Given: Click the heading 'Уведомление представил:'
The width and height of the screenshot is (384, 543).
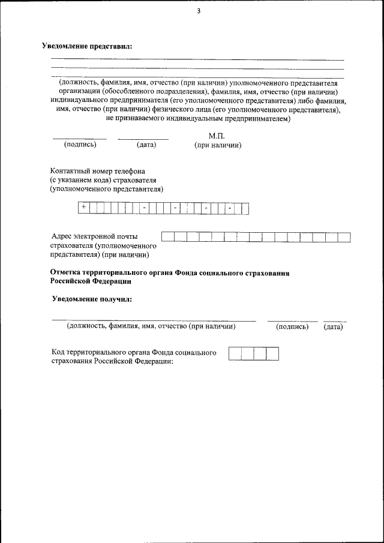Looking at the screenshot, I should (86, 46).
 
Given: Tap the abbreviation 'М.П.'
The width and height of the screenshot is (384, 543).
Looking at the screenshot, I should (216, 136).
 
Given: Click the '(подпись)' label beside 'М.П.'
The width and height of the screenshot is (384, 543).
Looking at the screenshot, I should (80, 145).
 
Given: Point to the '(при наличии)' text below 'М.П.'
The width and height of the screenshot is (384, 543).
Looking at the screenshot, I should (217, 145).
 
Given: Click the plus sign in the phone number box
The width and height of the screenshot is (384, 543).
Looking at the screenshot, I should (83, 207).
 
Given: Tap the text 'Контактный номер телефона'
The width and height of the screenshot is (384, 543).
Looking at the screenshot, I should (98, 171).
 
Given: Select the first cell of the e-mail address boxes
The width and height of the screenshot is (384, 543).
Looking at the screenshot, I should (167, 236).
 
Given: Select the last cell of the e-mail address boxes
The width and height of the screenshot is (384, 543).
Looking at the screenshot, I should (344, 236).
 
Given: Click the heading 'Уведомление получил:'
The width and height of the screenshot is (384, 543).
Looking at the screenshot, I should (92, 298).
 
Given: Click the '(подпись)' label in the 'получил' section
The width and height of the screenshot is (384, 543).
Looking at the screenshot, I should (292, 327).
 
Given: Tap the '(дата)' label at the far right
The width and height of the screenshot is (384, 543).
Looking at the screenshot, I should (333, 327).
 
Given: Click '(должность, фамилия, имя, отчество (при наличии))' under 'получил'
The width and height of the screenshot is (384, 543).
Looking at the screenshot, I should (151, 326).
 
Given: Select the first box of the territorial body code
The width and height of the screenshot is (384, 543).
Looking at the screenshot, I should (235, 353).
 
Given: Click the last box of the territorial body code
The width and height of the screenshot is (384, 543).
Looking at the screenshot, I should (273, 353).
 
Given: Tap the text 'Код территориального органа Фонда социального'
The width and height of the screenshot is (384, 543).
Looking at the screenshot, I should (134, 353).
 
